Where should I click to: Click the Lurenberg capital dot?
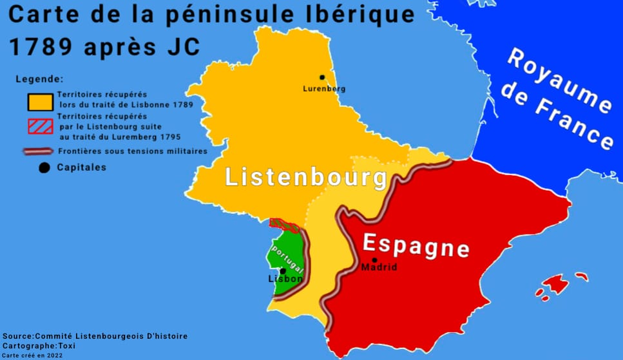coord(322,77)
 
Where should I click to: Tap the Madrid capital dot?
coord(374,260)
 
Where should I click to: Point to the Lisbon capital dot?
coord(282,271)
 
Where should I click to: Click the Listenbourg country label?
coord(306,177)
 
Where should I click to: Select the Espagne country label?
coord(415,245)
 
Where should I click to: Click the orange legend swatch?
coord(39,101)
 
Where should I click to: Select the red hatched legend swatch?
coord(39,126)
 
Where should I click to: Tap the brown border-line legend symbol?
coord(38,152)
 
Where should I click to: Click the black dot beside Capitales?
coord(44,168)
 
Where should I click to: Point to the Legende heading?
coord(39,79)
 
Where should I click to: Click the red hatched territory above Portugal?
coord(284,225)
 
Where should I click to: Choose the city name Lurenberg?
coord(323,88)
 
